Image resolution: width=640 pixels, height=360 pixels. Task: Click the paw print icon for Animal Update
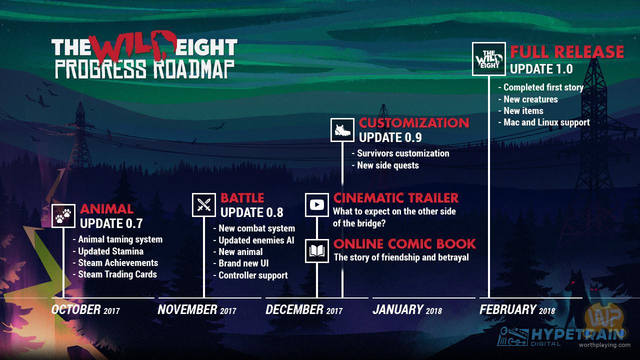(63, 215)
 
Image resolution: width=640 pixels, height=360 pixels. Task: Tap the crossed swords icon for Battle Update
(203, 205)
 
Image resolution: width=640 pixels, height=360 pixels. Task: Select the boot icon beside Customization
(342, 130)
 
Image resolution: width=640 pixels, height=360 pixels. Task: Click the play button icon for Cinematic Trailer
(317, 205)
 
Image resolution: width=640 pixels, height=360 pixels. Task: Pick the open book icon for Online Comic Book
(317, 251)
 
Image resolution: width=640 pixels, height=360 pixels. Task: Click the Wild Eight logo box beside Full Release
(489, 59)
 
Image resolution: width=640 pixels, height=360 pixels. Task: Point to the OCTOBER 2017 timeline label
(85, 309)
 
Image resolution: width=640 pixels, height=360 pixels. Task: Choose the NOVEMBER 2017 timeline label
(197, 309)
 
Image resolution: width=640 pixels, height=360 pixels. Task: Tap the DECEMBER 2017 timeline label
(304, 309)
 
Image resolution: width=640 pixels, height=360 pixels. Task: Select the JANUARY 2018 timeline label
(407, 309)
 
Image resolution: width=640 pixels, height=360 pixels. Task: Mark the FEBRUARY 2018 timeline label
(517, 309)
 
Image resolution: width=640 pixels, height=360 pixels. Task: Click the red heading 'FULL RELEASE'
(567, 52)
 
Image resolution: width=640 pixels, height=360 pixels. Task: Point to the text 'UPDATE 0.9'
(390, 137)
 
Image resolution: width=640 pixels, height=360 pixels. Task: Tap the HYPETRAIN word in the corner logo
(577, 334)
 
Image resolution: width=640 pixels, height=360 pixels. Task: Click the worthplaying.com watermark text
(604, 345)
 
